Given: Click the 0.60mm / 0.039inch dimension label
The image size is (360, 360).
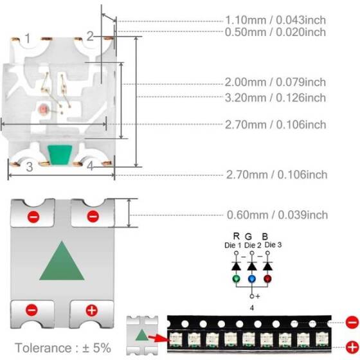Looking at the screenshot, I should pyautogui.click(x=277, y=215).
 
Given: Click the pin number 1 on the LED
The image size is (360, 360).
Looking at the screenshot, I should pyautogui.click(x=27, y=39).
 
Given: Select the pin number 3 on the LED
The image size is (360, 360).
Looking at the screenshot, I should pyautogui.click(x=29, y=166).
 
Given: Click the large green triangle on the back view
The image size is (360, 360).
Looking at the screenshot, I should pyautogui.click(x=62, y=263).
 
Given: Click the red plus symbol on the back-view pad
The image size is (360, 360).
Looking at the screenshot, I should pyautogui.click(x=92, y=310).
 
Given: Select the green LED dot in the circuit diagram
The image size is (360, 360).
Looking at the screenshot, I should pyautogui.click(x=237, y=279).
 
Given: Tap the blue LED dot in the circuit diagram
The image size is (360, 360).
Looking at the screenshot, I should pyautogui.click(x=252, y=279).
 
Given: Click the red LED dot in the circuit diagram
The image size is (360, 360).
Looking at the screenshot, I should pyautogui.click(x=268, y=279).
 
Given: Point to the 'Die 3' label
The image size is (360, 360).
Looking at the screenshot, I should pyautogui.click(x=271, y=244).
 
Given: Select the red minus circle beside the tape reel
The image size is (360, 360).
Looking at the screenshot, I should pyautogui.click(x=351, y=321).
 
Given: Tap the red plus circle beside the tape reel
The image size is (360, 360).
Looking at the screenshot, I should pyautogui.click(x=351, y=346).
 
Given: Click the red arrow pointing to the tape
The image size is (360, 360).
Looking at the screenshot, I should pyautogui.click(x=159, y=336).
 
